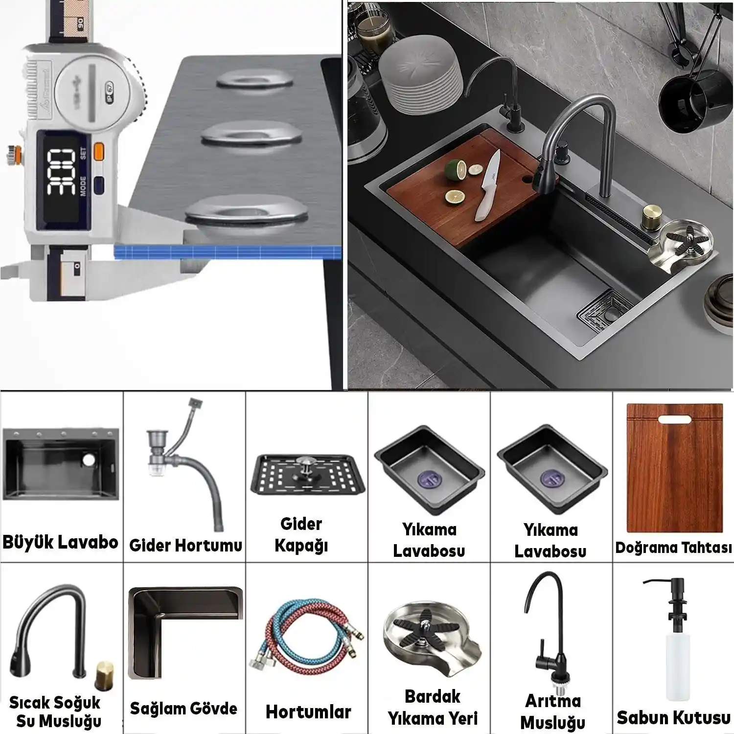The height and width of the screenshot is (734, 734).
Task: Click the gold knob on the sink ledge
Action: (x=651, y=214)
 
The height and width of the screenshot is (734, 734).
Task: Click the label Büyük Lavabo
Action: (x=60, y=542)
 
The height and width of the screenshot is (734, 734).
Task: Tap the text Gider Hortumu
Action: (x=185, y=545)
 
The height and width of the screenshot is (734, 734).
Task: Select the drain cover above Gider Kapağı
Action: (x=308, y=475)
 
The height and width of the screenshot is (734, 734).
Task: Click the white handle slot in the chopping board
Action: (x=674, y=419)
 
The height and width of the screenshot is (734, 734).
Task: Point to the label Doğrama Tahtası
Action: (x=673, y=548)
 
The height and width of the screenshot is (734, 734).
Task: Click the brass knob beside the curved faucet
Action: (x=104, y=674)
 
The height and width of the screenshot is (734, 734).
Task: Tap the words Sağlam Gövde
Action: (x=183, y=709)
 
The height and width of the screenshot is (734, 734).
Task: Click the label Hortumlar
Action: (x=308, y=712)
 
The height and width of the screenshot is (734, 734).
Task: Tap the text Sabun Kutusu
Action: (x=673, y=718)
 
